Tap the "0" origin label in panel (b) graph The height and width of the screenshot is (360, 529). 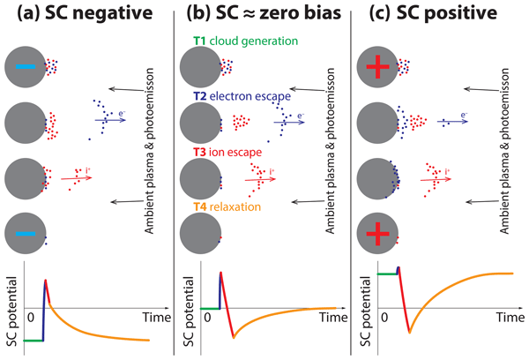click(x=207, y=316)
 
